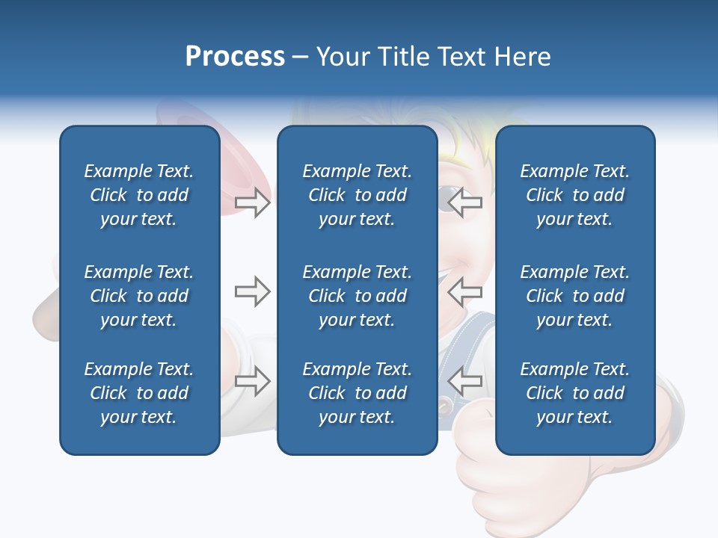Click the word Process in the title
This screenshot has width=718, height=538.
coord(235,57)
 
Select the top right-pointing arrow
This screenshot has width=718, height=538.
coord(252,202)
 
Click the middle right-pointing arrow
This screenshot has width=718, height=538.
coord(252,291)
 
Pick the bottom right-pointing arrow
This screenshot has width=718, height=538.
coord(252,380)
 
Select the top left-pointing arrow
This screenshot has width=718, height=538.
coord(465,202)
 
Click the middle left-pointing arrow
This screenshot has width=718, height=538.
coord(465,291)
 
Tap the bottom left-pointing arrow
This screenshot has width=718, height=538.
coord(465,380)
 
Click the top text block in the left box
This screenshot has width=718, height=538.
coord(139,195)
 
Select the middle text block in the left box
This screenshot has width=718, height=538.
coord(139,296)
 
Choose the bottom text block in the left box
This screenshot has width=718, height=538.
coord(139,393)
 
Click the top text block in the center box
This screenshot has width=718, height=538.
coord(357,195)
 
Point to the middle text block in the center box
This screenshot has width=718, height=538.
coord(357,296)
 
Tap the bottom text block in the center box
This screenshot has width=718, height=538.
coord(357,393)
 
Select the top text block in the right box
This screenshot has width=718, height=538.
coord(575,195)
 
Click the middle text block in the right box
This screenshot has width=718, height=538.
coord(575,296)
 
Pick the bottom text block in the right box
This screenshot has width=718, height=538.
coord(575,393)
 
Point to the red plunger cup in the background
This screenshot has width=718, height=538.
coord(187,116)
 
